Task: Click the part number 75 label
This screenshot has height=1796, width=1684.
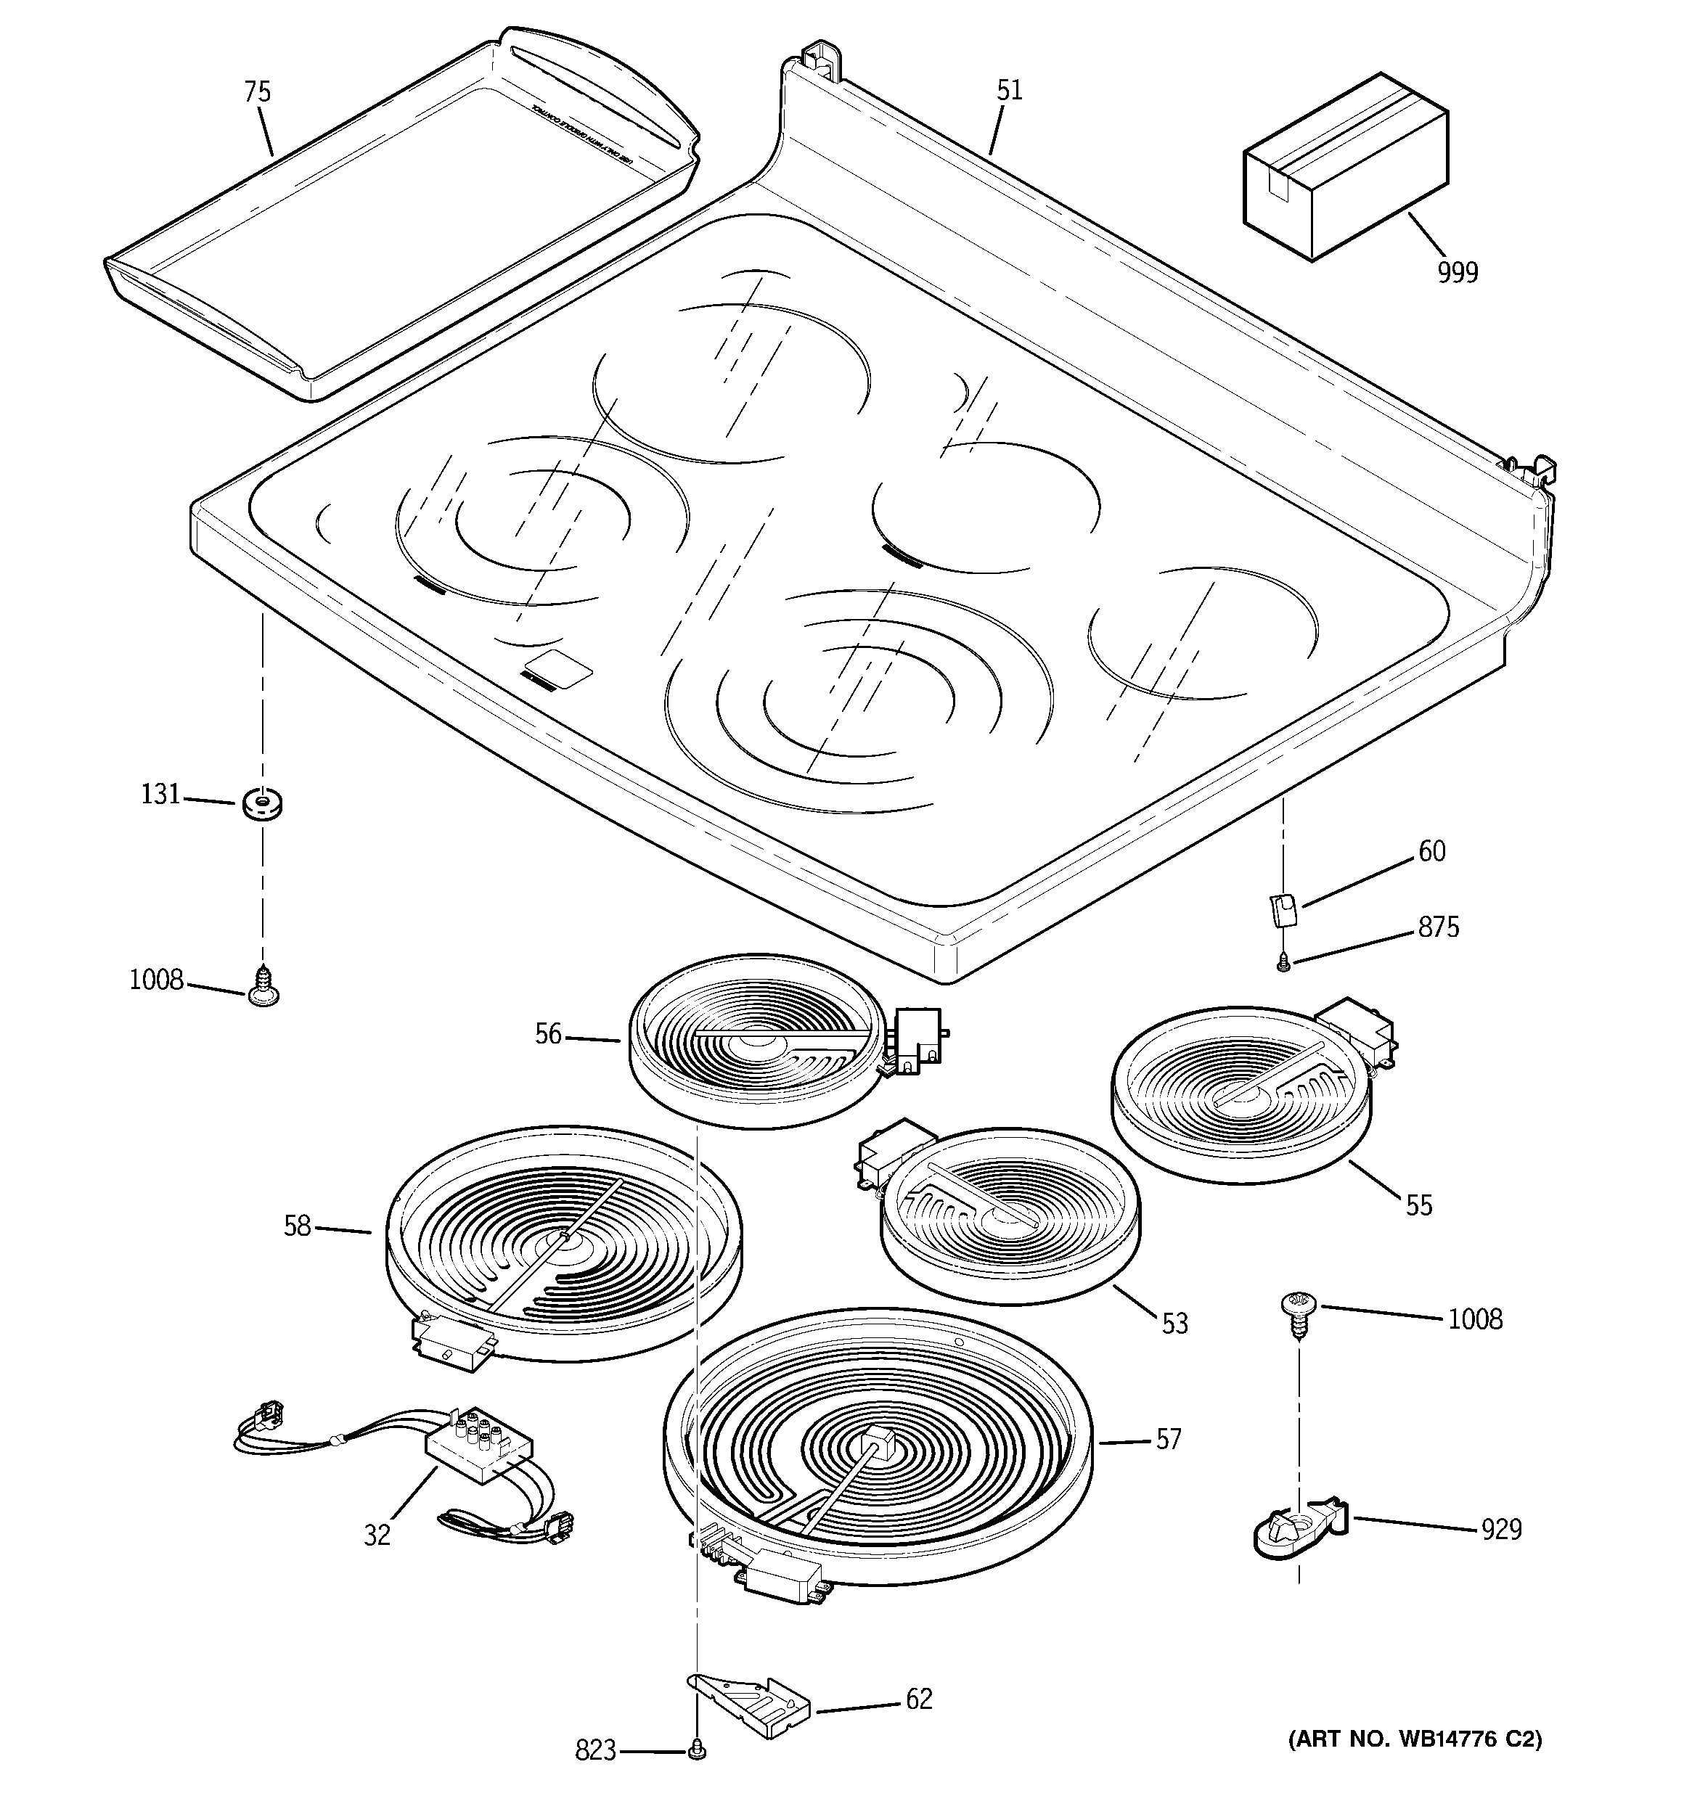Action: tap(257, 92)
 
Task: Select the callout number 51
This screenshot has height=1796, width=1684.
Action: tap(1009, 90)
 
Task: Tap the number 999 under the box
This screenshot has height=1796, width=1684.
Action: tap(1457, 272)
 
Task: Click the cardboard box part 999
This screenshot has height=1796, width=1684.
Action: tap(1345, 168)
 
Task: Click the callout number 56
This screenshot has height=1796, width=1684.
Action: tap(548, 1034)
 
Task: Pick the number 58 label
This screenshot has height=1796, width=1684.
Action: tap(298, 1226)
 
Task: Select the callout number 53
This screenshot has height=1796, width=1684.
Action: tap(1174, 1324)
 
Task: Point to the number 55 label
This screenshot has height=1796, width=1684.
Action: tap(1418, 1205)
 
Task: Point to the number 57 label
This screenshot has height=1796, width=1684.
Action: tap(1168, 1439)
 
